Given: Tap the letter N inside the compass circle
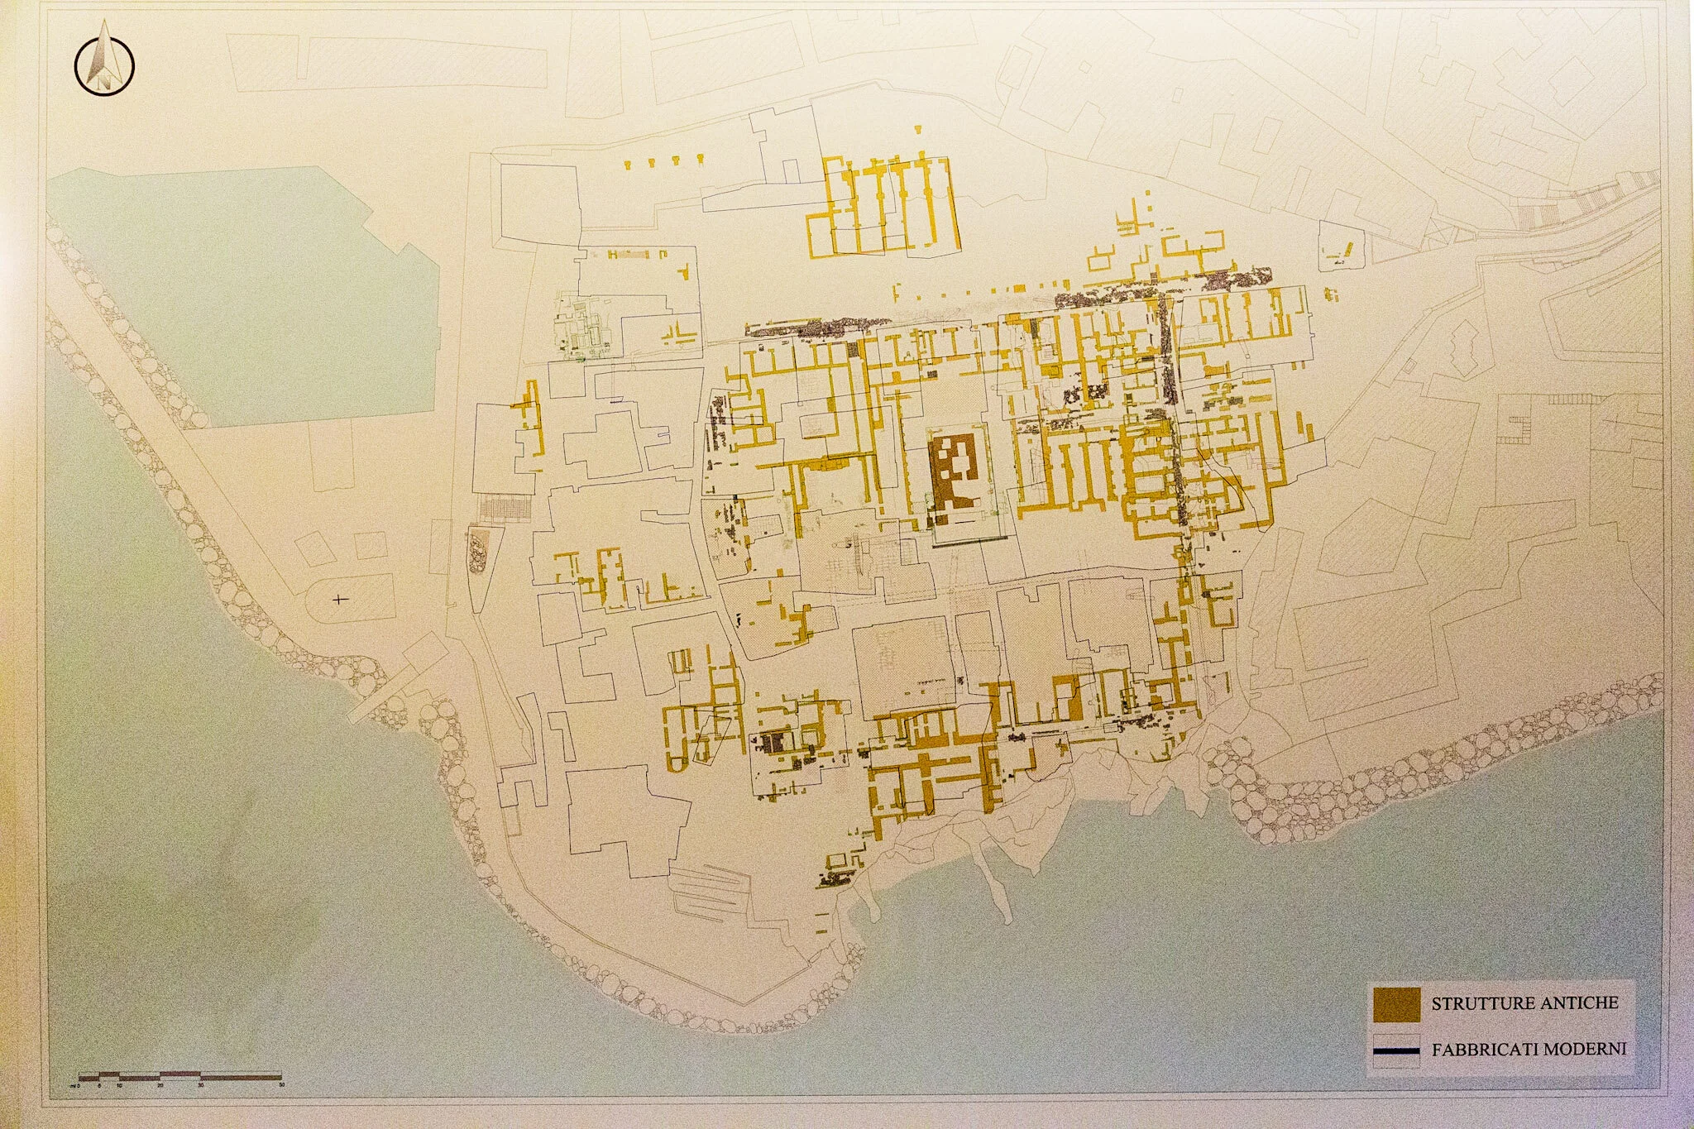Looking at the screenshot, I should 104,80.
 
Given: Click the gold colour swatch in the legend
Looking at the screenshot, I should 1395,1004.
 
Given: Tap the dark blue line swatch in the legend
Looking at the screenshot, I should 1395,1052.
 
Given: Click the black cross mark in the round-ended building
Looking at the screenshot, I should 338,598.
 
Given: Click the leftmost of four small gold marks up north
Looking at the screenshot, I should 628,165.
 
